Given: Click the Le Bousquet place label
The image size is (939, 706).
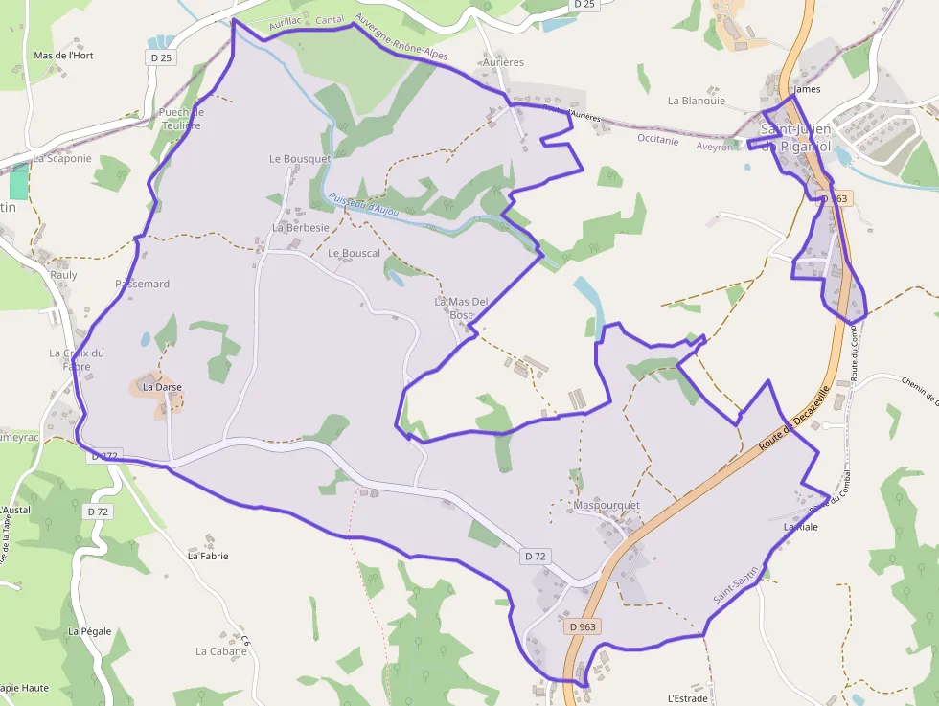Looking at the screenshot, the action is click(x=300, y=158).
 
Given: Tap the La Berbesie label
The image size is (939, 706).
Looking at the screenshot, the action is click(x=301, y=228).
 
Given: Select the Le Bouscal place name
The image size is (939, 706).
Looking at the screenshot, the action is click(x=354, y=254).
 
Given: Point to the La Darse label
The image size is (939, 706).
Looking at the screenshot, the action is click(x=162, y=387).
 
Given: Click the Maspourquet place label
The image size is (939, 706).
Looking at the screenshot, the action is click(x=606, y=505).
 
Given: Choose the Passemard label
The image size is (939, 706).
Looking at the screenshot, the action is click(x=142, y=284).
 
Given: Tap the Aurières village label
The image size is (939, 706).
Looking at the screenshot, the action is click(x=503, y=62).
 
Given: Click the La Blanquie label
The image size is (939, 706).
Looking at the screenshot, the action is click(x=697, y=101).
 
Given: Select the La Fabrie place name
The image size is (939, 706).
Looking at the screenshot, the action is click(x=208, y=556).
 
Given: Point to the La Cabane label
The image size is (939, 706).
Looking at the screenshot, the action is click(x=221, y=651).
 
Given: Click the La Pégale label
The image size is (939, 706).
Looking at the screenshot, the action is click(x=90, y=631).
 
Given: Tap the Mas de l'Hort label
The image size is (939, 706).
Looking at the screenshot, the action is click(x=63, y=56).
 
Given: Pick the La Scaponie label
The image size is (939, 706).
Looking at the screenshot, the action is click(x=62, y=158).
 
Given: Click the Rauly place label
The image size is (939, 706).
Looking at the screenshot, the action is click(x=63, y=275).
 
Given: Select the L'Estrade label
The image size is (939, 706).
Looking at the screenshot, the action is click(x=686, y=698).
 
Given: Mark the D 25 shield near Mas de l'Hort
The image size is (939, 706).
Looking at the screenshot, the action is click(x=161, y=57).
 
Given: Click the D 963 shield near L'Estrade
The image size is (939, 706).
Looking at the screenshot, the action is click(x=582, y=626).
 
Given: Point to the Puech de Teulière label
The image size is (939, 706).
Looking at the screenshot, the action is click(x=181, y=119).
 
